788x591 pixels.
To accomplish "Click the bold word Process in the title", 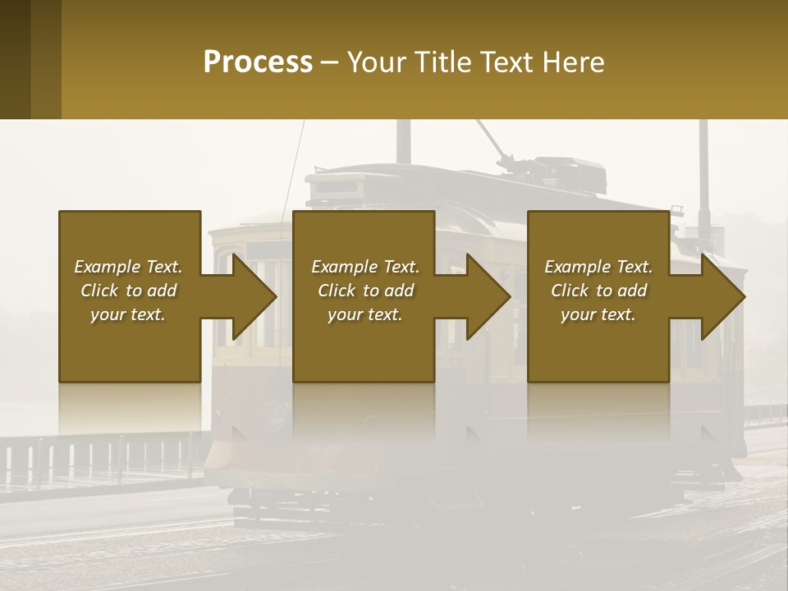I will (258, 62).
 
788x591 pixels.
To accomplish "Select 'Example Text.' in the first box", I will (128, 267).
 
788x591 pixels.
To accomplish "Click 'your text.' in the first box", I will (128, 314).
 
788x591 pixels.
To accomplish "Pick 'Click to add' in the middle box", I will (365, 291).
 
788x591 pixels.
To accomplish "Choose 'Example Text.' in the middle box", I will (365, 267).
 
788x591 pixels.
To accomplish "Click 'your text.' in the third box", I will (598, 314).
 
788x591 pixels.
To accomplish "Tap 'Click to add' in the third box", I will (598, 291).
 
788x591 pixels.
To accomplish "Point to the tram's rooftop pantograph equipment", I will (558, 168).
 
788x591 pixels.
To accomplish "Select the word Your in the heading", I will (379, 62).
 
